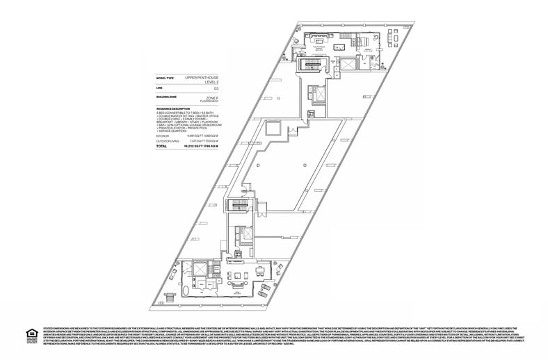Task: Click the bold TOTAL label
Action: click(x=161, y=147)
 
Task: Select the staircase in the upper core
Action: click(x=307, y=67)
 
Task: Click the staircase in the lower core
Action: click(x=234, y=208)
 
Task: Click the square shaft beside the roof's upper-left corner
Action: click(x=273, y=129)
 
